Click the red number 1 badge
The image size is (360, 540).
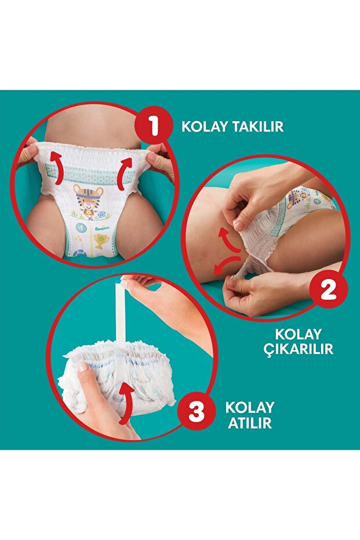[x=154, y=126]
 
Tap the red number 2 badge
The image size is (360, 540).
[x=328, y=290]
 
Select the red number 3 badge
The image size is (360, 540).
[x=197, y=412]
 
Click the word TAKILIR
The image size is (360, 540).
[x=258, y=126]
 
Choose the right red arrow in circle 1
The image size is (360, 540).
[x=123, y=173]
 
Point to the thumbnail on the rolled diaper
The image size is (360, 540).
[x=83, y=368]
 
